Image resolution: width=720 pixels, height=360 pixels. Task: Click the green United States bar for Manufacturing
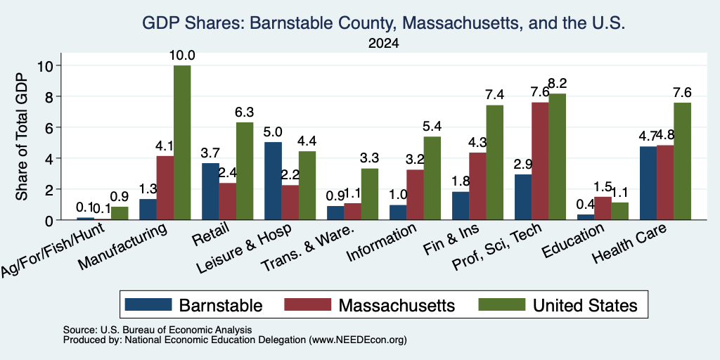point(182,142)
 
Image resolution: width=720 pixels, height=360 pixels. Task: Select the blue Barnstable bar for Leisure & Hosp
point(274,181)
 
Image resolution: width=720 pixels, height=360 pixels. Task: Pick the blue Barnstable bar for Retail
point(210,191)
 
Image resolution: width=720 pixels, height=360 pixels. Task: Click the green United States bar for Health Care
point(682,161)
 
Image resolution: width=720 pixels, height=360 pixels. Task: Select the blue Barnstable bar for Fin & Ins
point(461,206)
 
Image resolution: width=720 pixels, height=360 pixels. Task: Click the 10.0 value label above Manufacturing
point(182,56)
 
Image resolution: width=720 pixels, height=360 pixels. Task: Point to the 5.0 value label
point(273,132)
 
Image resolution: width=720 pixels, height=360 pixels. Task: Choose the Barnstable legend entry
point(193,305)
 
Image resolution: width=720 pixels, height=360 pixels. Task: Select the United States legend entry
point(558,305)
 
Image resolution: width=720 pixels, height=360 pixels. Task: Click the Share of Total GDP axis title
point(22,136)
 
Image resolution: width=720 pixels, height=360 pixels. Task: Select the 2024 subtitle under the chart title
point(383,44)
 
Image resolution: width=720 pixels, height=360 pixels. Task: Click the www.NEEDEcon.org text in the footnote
point(358,340)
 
